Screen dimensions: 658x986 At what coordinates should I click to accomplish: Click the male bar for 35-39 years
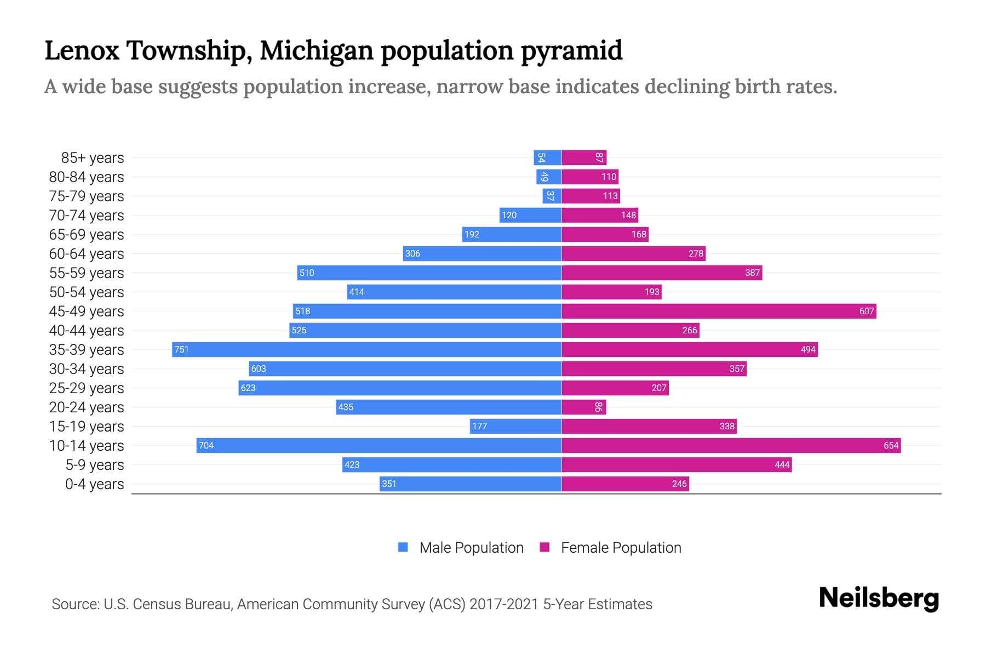(367, 349)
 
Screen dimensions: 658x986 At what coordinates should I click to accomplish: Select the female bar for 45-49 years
(719, 311)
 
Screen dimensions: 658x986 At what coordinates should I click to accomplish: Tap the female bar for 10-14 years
(731, 445)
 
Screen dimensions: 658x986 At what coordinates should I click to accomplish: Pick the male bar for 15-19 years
(515, 426)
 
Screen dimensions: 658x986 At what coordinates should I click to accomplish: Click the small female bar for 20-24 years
(584, 407)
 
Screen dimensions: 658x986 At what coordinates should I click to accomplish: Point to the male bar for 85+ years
(548, 157)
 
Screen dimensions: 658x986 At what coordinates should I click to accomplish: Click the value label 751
(181, 350)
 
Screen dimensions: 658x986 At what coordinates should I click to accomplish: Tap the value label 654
(891, 446)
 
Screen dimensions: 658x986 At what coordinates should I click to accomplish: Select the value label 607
(866, 311)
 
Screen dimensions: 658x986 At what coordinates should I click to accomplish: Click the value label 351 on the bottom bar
(389, 484)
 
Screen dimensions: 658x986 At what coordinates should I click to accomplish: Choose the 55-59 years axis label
(87, 273)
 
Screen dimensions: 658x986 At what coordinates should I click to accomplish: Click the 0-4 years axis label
(94, 484)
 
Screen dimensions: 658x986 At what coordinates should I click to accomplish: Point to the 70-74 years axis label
(87, 215)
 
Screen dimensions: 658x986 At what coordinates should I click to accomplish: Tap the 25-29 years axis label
(87, 388)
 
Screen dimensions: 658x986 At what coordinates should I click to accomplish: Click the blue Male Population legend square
(403, 547)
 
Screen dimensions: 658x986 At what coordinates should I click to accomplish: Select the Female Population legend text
(621, 548)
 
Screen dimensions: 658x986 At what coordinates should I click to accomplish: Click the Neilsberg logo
(879, 598)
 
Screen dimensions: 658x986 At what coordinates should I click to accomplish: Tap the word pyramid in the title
(571, 51)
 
